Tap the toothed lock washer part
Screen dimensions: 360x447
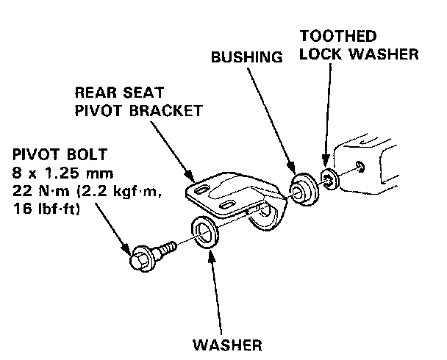[x=329, y=179]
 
